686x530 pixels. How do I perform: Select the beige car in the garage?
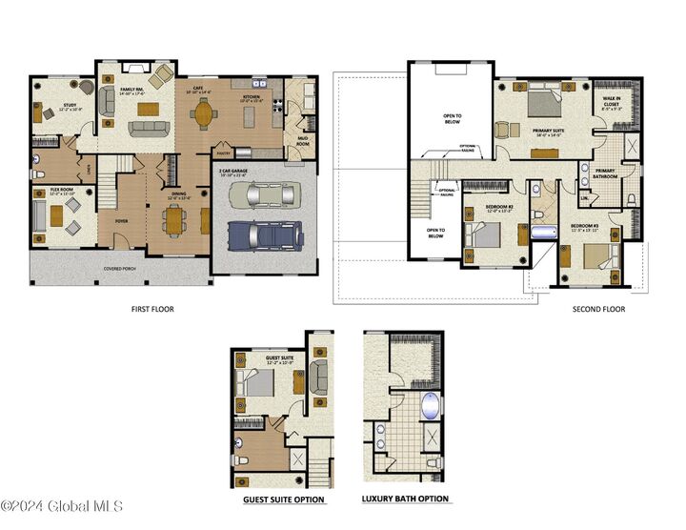263,195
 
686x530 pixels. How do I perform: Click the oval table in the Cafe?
203,113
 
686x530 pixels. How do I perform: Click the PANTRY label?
225,152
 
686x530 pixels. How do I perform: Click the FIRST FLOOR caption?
152,309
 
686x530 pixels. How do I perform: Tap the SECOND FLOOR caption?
598,309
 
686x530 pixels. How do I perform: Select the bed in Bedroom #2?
486,234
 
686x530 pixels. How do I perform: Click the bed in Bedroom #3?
594,255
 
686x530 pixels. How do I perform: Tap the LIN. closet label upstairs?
584,197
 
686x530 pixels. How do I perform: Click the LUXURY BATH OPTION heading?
405,499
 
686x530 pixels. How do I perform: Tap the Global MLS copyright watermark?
61,506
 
